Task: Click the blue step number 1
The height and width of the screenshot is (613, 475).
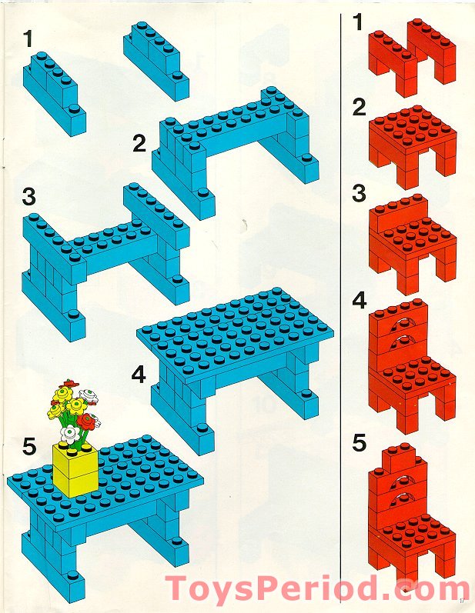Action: click(x=29, y=36)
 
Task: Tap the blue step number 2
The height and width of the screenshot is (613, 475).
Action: click(x=139, y=142)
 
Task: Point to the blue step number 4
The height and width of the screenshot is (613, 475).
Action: click(x=139, y=375)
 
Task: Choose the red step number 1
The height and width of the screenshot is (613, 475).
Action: click(x=356, y=22)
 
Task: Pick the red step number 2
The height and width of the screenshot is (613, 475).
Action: click(x=358, y=108)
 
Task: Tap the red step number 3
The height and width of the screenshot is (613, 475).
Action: click(x=358, y=193)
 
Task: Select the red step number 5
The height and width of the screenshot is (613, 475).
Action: click(x=358, y=445)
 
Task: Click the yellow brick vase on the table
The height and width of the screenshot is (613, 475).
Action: click(x=75, y=468)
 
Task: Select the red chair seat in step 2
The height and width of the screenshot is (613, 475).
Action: click(x=407, y=127)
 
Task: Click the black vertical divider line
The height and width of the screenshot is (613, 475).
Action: click(x=341, y=308)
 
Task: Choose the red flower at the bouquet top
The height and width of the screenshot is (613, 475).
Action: click(x=71, y=383)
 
